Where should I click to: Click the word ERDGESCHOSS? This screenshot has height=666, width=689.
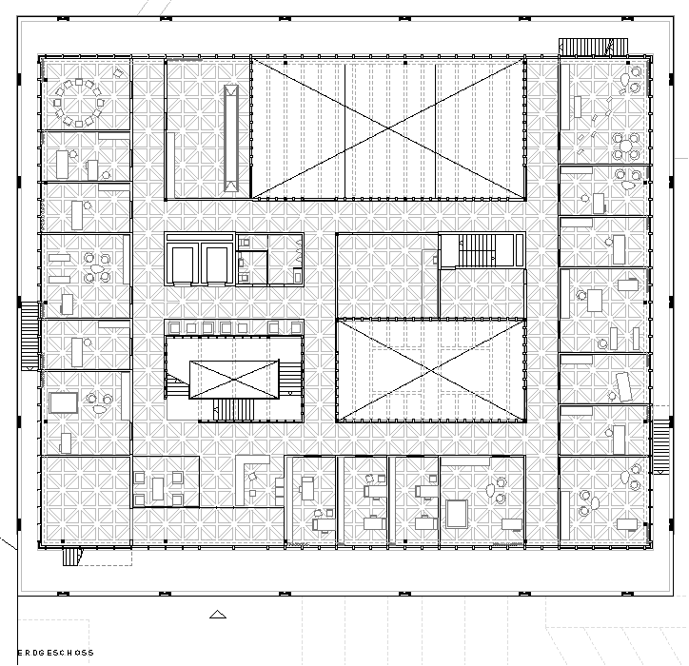(x=55, y=653)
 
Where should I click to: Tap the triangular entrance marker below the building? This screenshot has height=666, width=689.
(x=218, y=615)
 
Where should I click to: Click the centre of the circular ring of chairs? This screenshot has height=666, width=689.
(x=79, y=103)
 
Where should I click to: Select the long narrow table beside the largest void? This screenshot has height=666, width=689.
(x=231, y=138)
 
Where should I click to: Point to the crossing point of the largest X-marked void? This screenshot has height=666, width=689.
(x=388, y=127)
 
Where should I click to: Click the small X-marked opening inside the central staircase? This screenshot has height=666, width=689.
(x=234, y=380)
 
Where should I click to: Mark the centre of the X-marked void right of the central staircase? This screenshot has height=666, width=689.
(x=431, y=370)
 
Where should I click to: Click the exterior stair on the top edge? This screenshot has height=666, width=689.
(x=593, y=47)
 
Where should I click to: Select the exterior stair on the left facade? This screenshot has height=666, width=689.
(x=30, y=336)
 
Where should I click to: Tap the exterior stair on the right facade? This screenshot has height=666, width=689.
(x=660, y=446)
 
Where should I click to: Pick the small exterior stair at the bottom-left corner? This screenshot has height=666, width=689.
(x=72, y=557)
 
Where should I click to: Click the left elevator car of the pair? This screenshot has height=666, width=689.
(x=183, y=264)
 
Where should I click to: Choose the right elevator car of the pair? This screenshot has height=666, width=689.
(x=217, y=264)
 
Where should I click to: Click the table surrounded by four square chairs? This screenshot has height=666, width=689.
(x=158, y=488)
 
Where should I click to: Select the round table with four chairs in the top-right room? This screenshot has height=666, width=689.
(x=626, y=147)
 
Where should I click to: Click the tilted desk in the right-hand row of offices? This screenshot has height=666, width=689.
(x=624, y=386)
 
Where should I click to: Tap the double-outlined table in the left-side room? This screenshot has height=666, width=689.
(x=64, y=402)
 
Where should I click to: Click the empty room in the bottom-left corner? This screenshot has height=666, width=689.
(x=86, y=500)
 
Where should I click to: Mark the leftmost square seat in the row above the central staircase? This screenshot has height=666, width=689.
(x=174, y=327)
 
